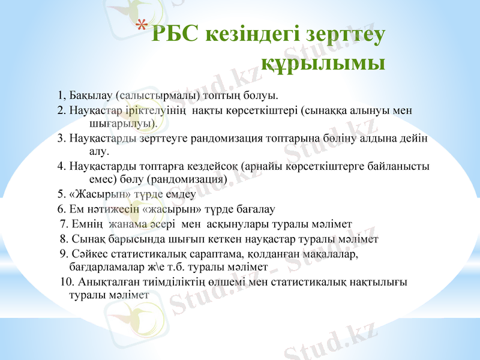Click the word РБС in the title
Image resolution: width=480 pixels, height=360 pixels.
[x=176, y=34]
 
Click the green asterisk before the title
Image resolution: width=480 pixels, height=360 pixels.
[x=141, y=26]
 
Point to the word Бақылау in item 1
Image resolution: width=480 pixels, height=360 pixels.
[x=90, y=95]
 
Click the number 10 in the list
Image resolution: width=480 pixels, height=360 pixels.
[x=67, y=281]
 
